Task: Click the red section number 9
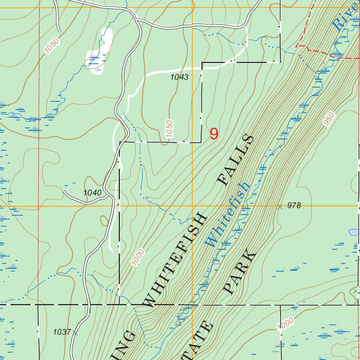point(214,134)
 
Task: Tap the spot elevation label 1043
point(180,77)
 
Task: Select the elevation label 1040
point(92,193)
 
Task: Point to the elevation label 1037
point(62,332)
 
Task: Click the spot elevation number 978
point(294,206)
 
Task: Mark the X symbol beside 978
point(280,207)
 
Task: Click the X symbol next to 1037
point(75,332)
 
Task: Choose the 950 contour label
point(328,120)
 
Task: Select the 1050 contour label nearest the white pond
point(52,46)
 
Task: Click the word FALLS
point(235,160)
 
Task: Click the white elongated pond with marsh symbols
point(99,51)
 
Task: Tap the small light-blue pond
point(353,232)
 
